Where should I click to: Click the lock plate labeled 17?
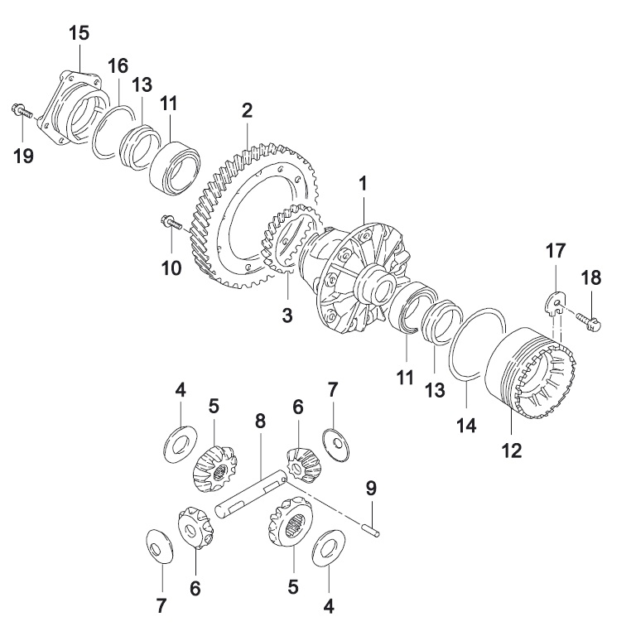[x=553, y=304]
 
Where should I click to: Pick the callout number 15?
[x=79, y=33]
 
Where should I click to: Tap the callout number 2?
[x=247, y=110]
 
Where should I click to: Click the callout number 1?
[x=363, y=183]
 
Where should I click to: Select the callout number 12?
[x=512, y=450]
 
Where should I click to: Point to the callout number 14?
[x=466, y=425]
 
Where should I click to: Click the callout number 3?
[x=287, y=315]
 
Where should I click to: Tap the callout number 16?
[x=118, y=65]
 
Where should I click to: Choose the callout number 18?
[x=590, y=278]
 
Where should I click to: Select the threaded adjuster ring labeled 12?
[x=530, y=373]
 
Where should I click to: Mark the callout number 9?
[x=371, y=488]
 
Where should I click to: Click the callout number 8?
[x=260, y=421]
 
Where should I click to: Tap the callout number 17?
[x=555, y=250]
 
